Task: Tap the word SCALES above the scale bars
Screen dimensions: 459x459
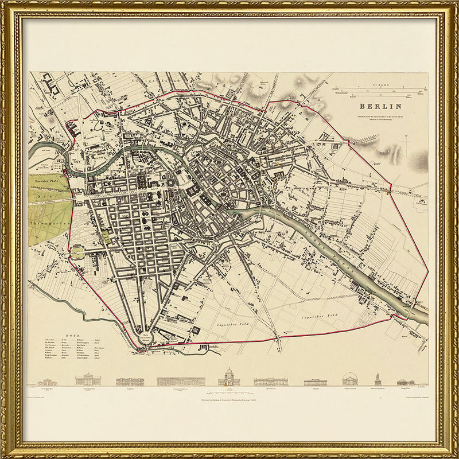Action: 379,84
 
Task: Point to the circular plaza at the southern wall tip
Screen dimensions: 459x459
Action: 146,339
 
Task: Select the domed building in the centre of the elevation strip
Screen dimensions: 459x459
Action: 229,378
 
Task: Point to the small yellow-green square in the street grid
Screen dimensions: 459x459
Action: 106,237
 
